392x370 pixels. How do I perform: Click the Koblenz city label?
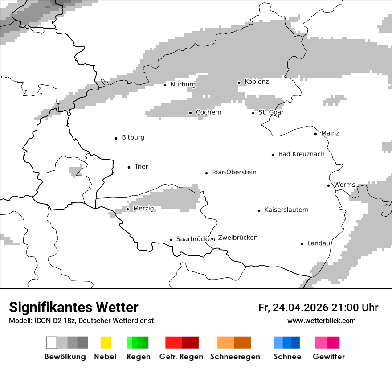pyautogui.click(x=257, y=82)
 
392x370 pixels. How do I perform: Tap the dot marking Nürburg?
pyautogui.click(x=165, y=85)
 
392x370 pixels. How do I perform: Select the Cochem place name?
pyautogui.click(x=208, y=112)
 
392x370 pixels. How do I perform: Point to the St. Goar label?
pyautogui.click(x=271, y=112)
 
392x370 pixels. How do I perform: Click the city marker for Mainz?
pyautogui.click(x=315, y=134)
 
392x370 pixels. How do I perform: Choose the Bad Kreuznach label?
pyautogui.click(x=301, y=154)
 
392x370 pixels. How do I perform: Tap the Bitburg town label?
pyautogui.click(x=133, y=138)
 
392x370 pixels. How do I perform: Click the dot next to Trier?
pyautogui.click(x=129, y=167)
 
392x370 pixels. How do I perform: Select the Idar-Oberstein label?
pyautogui.click(x=234, y=173)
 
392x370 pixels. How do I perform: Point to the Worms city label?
pyautogui.click(x=344, y=185)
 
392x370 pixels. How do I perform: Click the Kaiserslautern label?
pyautogui.click(x=286, y=210)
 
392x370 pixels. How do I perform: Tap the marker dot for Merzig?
pyautogui.click(x=127, y=209)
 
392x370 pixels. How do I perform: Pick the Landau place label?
pyautogui.click(x=318, y=243)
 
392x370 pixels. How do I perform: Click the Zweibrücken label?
pyautogui.click(x=237, y=238)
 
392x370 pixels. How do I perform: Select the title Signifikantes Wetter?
pyautogui.click(x=73, y=308)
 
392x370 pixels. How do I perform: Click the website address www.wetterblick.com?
pyautogui.click(x=321, y=321)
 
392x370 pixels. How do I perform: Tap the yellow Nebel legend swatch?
pyautogui.click(x=106, y=342)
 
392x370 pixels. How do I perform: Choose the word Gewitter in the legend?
pyautogui.click(x=328, y=357)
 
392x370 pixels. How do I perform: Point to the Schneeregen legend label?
pyautogui.click(x=235, y=357)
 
